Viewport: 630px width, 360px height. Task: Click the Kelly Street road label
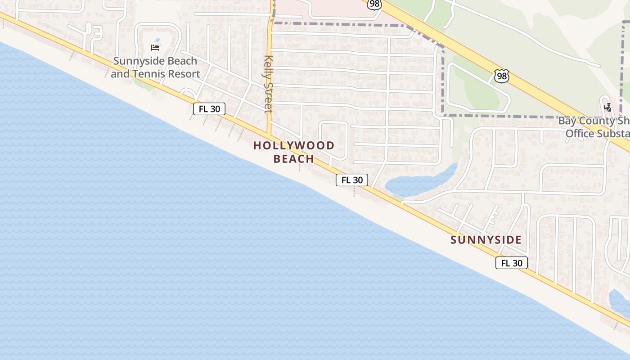(x=269, y=83)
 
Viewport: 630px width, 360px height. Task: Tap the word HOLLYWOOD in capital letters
(x=294, y=145)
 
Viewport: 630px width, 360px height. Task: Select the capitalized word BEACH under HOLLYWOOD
(x=294, y=159)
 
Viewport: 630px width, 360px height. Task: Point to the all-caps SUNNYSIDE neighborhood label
(x=486, y=240)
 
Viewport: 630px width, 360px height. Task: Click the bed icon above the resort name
(x=155, y=47)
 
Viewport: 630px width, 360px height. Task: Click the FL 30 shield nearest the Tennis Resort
(x=209, y=109)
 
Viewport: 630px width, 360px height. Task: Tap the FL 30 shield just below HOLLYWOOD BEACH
(x=352, y=180)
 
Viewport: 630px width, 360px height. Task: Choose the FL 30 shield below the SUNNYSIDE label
(x=512, y=263)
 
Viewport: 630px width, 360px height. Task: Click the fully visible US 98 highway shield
(x=501, y=76)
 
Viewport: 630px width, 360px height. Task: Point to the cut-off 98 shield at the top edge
(x=374, y=4)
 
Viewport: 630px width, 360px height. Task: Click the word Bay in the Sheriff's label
(x=568, y=121)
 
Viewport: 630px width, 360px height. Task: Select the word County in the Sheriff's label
(x=597, y=121)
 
